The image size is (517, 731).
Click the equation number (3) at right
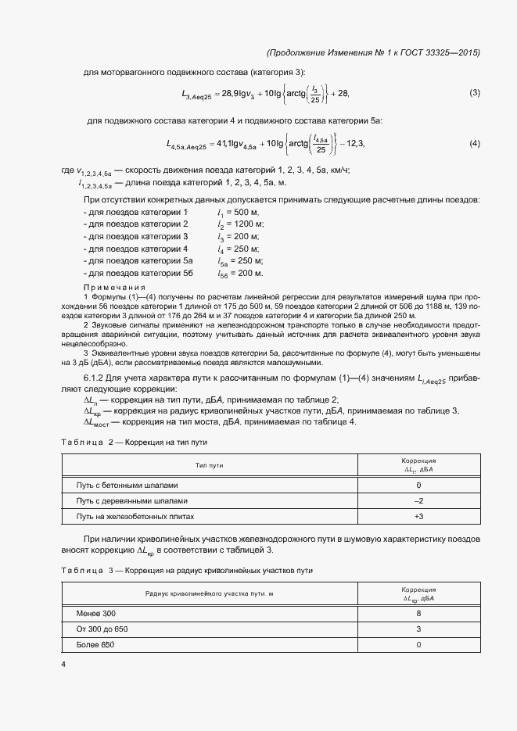click(x=474, y=94)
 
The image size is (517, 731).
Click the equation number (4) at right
click(x=474, y=144)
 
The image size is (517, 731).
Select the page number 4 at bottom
click(x=63, y=664)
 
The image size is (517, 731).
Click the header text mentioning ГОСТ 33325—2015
click(x=373, y=52)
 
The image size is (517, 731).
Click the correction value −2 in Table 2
click(x=418, y=500)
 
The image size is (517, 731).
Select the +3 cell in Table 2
click(x=418, y=517)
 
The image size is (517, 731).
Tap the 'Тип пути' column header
click(x=209, y=465)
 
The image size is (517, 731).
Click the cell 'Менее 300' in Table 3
click(x=95, y=613)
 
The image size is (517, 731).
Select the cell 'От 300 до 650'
click(x=102, y=629)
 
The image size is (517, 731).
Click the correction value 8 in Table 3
click(x=418, y=613)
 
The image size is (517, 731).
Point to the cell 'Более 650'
click(x=95, y=645)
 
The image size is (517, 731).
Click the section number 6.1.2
click(x=95, y=379)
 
